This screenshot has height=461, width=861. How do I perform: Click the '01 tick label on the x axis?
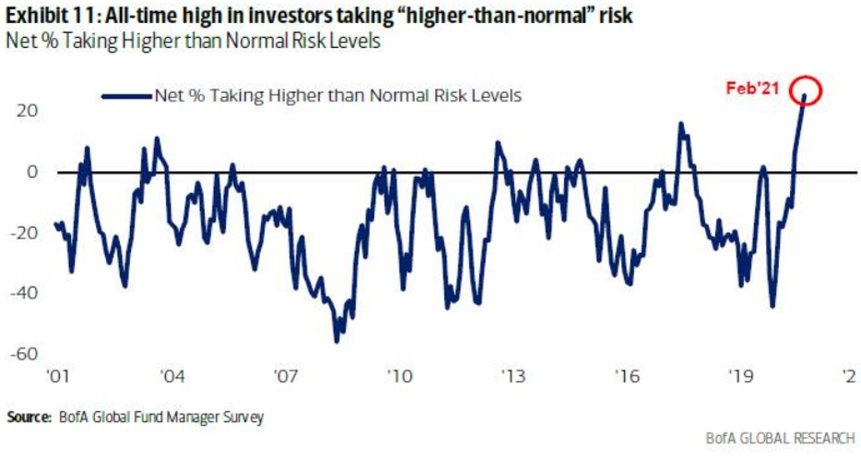click(x=56, y=377)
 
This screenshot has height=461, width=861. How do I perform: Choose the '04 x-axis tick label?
click(x=171, y=377)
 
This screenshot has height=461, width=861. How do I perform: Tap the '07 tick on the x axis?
click(x=285, y=377)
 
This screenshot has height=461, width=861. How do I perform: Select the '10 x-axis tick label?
click(x=399, y=377)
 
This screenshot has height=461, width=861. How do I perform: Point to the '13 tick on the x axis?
click(x=513, y=377)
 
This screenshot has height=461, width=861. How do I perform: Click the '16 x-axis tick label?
click(x=627, y=377)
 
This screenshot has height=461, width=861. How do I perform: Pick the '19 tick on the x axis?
click(x=740, y=377)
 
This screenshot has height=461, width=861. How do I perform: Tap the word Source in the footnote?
click(x=28, y=418)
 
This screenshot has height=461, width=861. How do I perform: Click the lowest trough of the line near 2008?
click(x=336, y=341)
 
